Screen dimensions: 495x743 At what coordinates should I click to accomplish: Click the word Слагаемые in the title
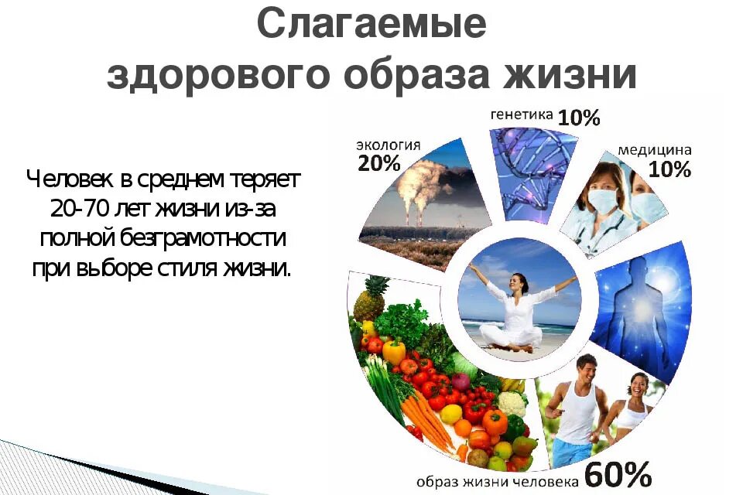coord(371,25)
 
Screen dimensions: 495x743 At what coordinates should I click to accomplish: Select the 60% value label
coord(618,472)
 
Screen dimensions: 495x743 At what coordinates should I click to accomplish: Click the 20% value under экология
coord(378,163)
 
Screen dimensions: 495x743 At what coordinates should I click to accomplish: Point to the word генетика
coord(521,114)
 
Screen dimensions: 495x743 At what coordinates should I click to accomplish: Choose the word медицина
coord(655,150)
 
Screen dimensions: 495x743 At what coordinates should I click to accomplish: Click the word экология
coord(388,145)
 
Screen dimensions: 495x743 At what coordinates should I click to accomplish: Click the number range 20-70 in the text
coord(80,208)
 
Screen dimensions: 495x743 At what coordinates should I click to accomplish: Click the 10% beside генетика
coord(579,118)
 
